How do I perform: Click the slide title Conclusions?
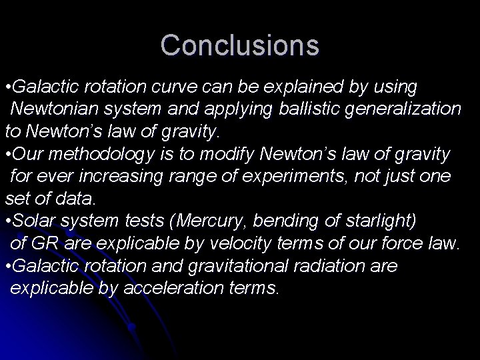coord(240,45)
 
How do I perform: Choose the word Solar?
coord(34,221)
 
